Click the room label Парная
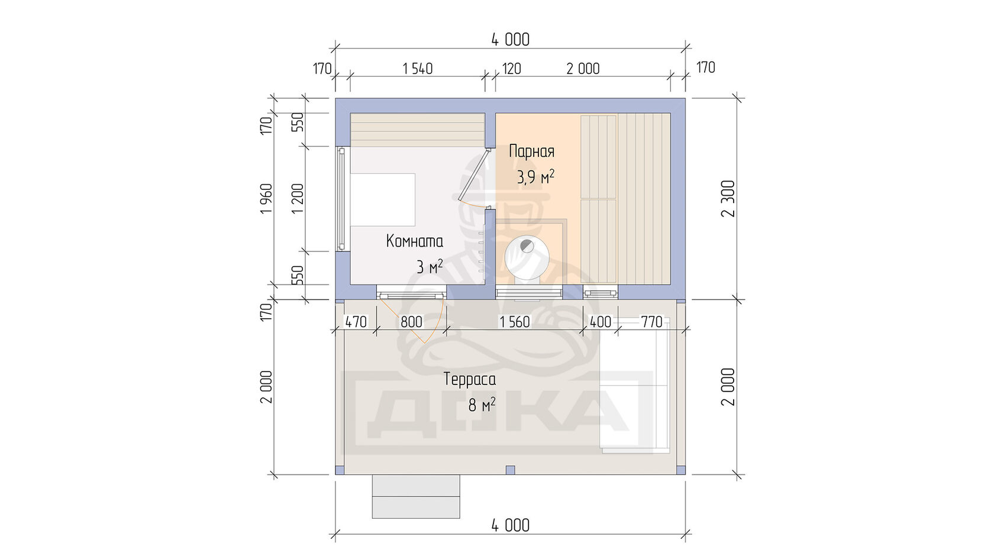coord(531,151)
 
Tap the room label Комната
coord(414,241)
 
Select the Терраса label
coord(470,380)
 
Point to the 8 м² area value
coord(482,405)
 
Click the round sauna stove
coord(527,258)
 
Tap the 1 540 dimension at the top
coord(418,69)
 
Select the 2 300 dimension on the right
coord(728,199)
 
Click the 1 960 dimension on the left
coord(266,198)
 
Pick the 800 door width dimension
coord(411,322)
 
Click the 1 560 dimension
coord(515,322)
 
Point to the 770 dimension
coord(651,322)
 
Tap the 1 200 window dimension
coord(298,198)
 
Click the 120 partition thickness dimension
coord(511,69)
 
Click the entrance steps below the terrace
coord(416,496)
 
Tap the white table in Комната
coord(382,200)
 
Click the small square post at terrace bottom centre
coord(510,470)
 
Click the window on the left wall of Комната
coord(341,199)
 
